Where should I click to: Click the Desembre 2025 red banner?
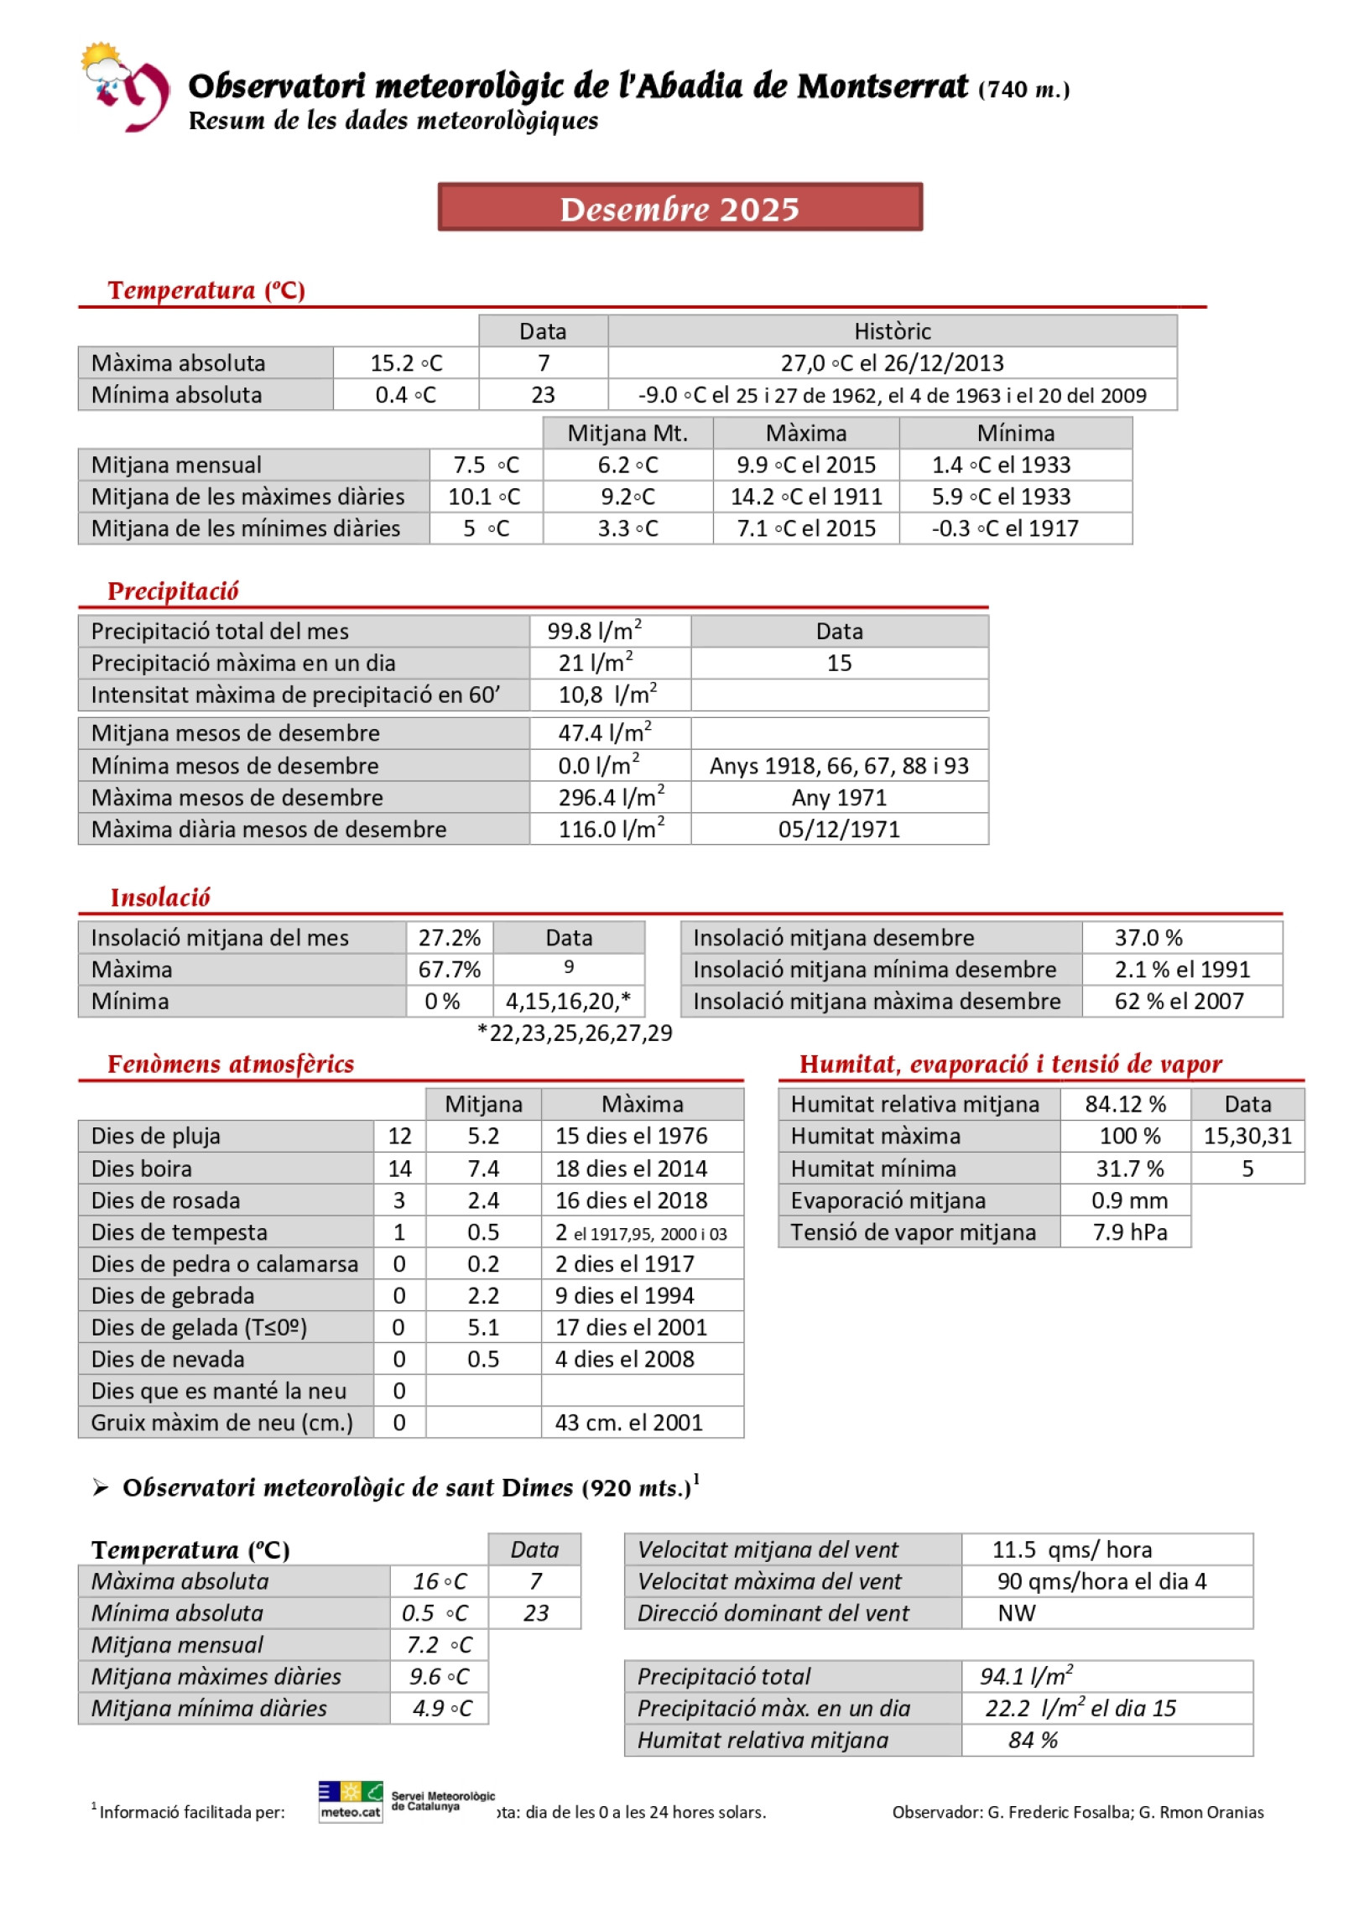[x=679, y=207]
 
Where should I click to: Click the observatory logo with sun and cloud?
[x=124, y=86]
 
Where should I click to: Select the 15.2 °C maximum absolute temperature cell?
[x=406, y=363]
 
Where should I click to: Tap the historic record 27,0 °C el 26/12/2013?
[x=892, y=363]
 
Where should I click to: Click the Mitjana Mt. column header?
[x=627, y=434]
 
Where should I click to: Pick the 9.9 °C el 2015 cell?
[x=805, y=466]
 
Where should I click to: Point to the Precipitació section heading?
[x=173, y=591]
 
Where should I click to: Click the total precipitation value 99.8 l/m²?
[x=594, y=631]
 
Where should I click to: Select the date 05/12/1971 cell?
[x=839, y=830]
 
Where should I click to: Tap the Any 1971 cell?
[x=839, y=798]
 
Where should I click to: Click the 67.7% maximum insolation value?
[x=450, y=970]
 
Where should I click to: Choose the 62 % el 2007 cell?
[x=1179, y=1002]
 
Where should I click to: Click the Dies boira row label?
[x=141, y=1169]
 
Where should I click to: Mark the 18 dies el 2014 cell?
[x=631, y=1169]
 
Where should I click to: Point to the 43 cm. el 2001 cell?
[x=629, y=1423]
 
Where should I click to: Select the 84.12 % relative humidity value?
[x=1126, y=1105]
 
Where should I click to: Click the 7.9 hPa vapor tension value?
[x=1129, y=1232]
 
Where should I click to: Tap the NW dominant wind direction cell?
[x=1017, y=1613]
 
